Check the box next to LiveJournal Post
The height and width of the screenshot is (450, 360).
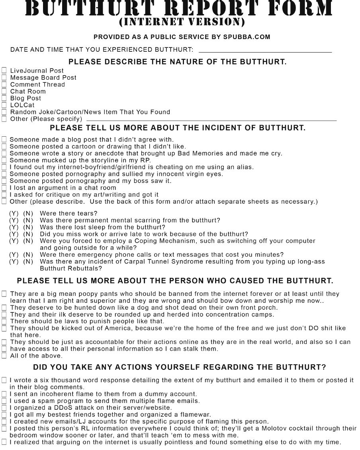pyautogui.click(x=4, y=71)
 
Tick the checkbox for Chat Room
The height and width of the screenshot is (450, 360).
pyautogui.click(x=4, y=91)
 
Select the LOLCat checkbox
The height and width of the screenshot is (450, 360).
pyautogui.click(x=4, y=105)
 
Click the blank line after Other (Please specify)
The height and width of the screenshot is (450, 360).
pyautogui.click(x=211, y=120)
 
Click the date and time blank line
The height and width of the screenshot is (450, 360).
pyautogui.click(x=265, y=52)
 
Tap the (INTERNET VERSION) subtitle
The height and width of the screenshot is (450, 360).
pyautogui.click(x=181, y=21)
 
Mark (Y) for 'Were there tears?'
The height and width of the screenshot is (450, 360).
pyautogui.click(x=14, y=213)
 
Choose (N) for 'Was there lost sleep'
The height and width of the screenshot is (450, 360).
pyautogui.click(x=28, y=227)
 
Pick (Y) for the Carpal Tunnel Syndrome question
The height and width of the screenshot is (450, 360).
pyautogui.click(x=14, y=261)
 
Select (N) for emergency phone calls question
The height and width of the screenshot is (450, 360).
pyautogui.click(x=28, y=255)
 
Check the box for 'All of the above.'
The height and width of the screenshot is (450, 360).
pyautogui.click(x=4, y=356)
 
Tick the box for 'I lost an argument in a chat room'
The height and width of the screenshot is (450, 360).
pyautogui.click(x=4, y=188)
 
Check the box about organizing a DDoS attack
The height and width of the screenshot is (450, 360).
pyautogui.click(x=4, y=407)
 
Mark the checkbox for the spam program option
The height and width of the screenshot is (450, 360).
pyautogui.click(x=4, y=401)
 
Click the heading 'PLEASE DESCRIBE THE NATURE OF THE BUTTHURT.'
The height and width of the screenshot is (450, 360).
pyautogui.click(x=178, y=62)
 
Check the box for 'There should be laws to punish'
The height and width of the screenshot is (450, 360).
pyautogui.click(x=4, y=321)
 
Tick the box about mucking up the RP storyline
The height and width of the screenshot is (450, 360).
pyautogui.click(x=4, y=160)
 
